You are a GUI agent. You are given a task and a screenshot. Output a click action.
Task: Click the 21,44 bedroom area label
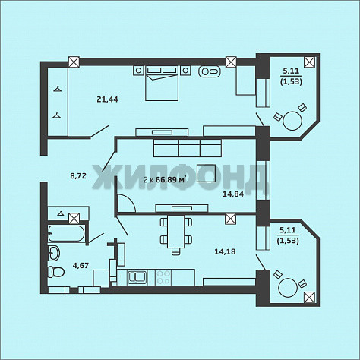[x=107, y=99]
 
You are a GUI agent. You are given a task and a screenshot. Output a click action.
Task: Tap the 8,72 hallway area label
[x=78, y=175]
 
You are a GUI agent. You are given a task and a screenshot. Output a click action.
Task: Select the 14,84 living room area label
[x=233, y=194]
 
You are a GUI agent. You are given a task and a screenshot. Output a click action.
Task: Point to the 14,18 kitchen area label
[x=225, y=251]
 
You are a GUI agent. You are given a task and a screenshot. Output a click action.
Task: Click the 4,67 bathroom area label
[x=81, y=266]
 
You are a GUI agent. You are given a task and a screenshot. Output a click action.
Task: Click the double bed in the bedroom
[x=162, y=84]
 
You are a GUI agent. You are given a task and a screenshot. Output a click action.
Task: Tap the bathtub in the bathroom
[x=66, y=233]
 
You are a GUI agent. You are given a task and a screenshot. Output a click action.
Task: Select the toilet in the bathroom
[x=56, y=272]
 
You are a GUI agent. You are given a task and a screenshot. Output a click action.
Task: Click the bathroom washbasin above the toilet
[x=54, y=253]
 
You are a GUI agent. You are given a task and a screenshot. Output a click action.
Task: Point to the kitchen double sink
[x=137, y=277]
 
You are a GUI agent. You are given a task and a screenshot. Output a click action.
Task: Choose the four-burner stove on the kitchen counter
[x=163, y=277]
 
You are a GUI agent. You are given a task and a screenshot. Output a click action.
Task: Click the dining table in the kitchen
[x=176, y=232]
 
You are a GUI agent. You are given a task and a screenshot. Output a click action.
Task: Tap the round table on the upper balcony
[x=292, y=121]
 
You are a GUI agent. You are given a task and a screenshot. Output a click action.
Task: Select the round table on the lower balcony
[x=288, y=288]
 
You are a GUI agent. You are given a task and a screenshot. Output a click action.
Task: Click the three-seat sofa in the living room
[x=188, y=147]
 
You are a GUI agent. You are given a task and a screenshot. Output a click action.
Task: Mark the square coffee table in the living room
[x=207, y=173]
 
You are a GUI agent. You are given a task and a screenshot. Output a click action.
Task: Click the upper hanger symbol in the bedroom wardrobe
[x=58, y=89]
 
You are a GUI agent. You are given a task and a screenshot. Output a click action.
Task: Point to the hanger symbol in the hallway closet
[x=61, y=213]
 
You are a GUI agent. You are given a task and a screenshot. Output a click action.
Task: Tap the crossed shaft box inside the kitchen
[x=230, y=219]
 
